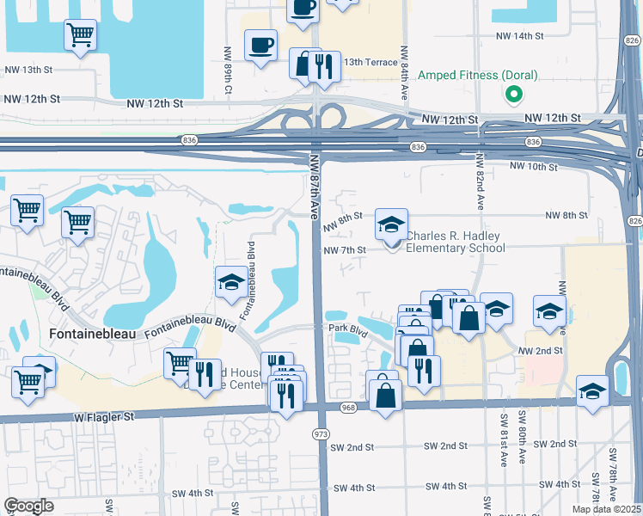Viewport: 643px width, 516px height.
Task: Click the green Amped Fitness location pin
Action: coord(513,94)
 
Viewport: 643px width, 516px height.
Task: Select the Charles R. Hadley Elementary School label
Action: coord(455,243)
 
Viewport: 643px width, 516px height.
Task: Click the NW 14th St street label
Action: coord(520,36)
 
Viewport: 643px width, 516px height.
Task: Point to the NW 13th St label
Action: coord(28,70)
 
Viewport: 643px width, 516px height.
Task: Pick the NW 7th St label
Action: coord(345,250)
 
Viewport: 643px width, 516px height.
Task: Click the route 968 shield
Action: coord(347,407)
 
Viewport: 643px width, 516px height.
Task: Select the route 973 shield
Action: coord(321,434)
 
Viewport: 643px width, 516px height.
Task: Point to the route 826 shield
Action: coord(634,221)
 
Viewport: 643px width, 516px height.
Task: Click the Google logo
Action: coord(28,506)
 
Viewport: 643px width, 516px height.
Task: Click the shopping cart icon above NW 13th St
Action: coord(80,36)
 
